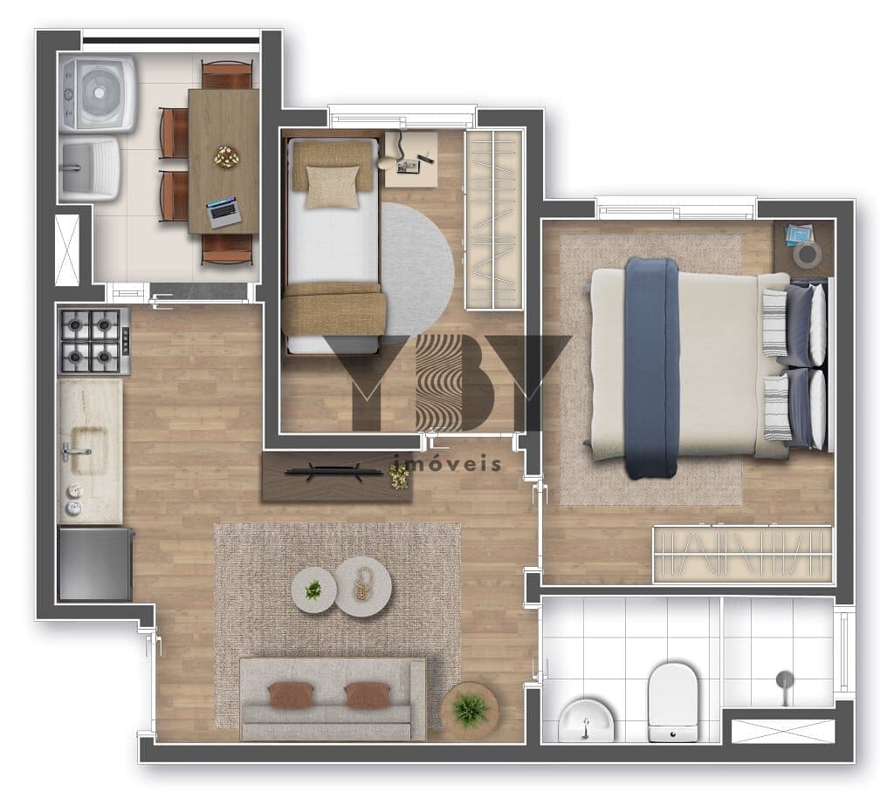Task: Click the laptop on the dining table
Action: [223, 212]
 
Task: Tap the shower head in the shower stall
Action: [784, 680]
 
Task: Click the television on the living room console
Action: [334, 472]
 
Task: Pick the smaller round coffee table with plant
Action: [313, 590]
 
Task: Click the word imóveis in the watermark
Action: [449, 463]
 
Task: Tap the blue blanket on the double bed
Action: [651, 367]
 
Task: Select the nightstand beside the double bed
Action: [803, 247]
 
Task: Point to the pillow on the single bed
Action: [331, 185]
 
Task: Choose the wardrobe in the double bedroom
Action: [742, 554]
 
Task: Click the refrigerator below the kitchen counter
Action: [94, 563]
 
